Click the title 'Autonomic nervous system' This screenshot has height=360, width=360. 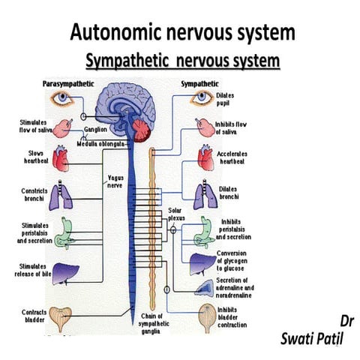coord(182,33)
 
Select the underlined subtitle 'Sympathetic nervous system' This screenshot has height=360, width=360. coord(183,60)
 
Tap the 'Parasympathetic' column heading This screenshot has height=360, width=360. coord(67,83)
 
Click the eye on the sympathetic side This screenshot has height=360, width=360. coord(201,97)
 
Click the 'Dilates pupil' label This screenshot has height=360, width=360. coord(227,99)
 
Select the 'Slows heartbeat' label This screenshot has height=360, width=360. coord(35,158)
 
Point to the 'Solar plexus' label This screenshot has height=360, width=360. coord(175,216)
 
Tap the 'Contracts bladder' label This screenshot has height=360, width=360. coord(34,316)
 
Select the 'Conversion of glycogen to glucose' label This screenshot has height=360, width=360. coord(235,262)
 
